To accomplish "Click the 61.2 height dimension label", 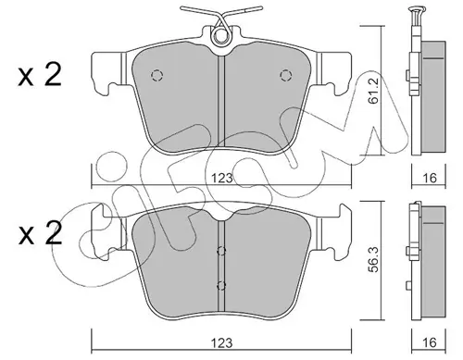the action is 375,93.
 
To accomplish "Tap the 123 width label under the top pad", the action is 222,179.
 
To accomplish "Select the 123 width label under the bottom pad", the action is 222,342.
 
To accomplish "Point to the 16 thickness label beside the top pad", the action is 430,178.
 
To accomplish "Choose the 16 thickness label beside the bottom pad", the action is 430,342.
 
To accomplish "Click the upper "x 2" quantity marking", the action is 40,74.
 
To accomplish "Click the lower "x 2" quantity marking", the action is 40,233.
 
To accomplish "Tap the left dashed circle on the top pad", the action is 156,75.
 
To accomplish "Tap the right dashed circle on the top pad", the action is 286,75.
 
